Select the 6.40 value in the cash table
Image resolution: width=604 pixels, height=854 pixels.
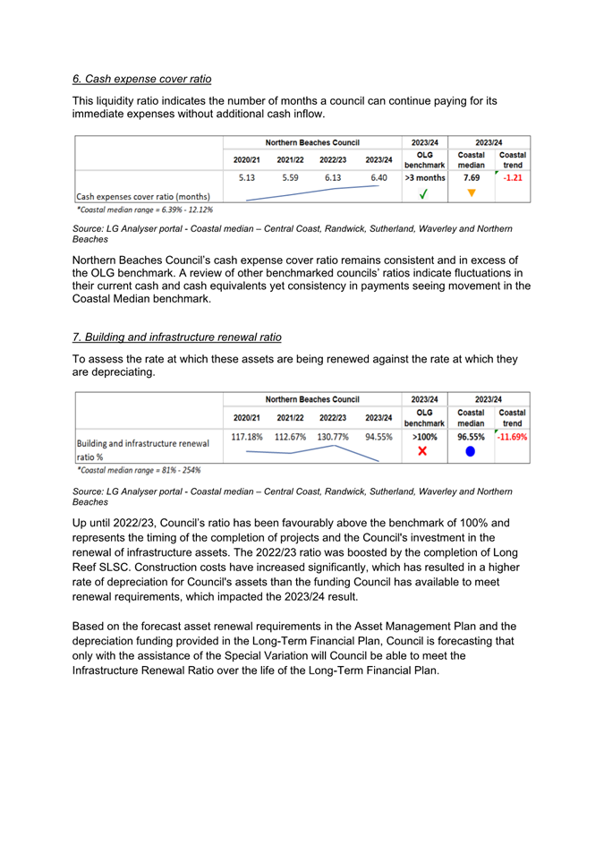[x=379, y=177]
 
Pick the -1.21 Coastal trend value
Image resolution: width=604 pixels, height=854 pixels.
[x=513, y=177]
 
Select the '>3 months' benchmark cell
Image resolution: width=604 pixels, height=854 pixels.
[x=425, y=177]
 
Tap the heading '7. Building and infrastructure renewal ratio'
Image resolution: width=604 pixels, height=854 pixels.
[x=176, y=337]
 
